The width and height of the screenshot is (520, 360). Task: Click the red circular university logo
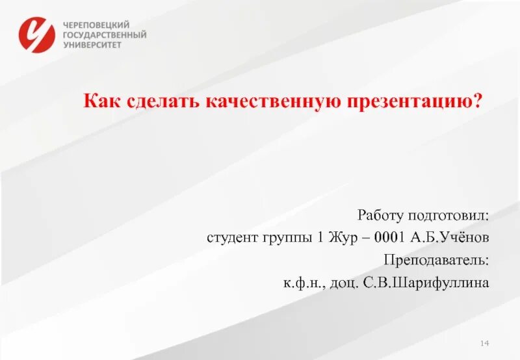point(37,34)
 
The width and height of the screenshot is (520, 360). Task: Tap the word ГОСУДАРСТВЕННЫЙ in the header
point(105,35)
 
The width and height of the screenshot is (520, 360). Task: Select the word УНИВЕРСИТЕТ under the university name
point(93,45)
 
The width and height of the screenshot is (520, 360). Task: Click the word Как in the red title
point(101,101)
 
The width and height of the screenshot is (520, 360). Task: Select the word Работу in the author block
point(380,214)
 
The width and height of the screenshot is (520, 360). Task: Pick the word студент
point(230,238)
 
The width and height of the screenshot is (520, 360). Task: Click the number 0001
point(388,237)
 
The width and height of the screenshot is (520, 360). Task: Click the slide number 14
point(484,342)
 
